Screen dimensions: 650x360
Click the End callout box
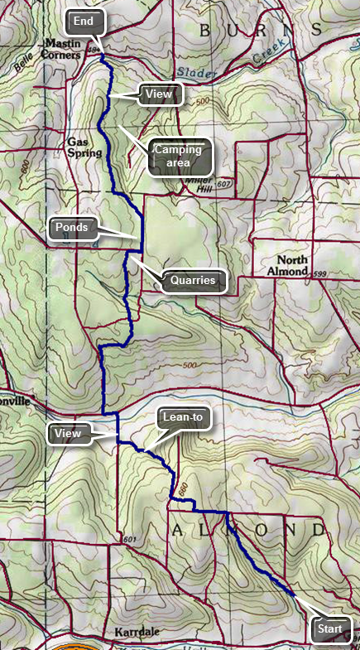coord(84,21)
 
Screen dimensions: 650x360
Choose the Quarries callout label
coord(193,281)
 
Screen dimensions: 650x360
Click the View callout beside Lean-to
coord(72,432)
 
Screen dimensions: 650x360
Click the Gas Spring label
coord(84,147)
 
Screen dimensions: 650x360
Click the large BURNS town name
coord(258,30)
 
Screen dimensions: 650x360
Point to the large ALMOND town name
coord(247,529)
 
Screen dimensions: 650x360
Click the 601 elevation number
coord(127,540)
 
